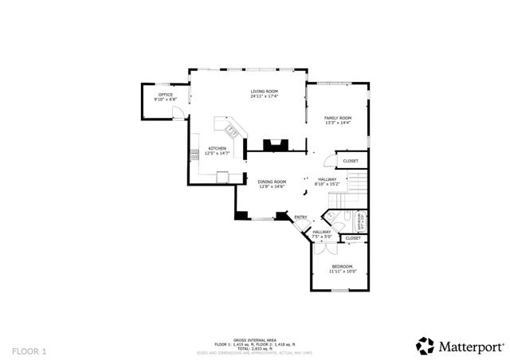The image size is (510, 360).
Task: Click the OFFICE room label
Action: tap(165, 95)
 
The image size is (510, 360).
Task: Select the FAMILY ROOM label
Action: tap(338, 118)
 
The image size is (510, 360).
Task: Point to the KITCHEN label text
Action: tap(218, 148)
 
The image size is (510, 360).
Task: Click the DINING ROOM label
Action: tap(271, 182)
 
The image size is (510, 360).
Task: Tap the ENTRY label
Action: tap(301, 217)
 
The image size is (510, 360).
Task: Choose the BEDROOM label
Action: tap(342, 266)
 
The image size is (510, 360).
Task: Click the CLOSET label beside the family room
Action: tap(351, 161)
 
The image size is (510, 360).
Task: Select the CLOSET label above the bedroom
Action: tap(353, 238)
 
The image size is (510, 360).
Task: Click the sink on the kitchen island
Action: tap(232, 129)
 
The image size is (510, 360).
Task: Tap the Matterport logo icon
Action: tap(425, 345)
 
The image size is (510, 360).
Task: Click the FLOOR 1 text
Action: tap(29, 350)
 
